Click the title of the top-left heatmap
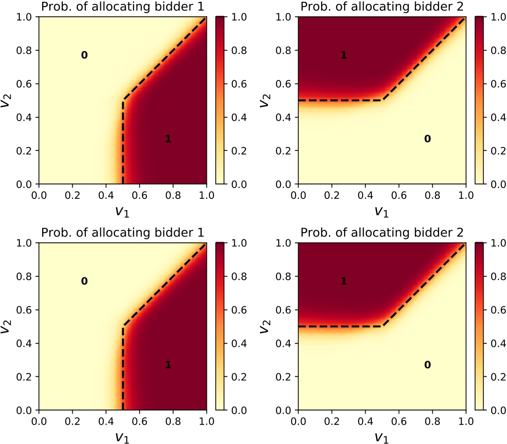123,6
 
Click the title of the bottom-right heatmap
382,232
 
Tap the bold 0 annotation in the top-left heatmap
84,55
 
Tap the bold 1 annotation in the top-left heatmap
168,139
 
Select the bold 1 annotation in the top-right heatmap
344,55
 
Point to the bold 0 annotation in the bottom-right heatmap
427,365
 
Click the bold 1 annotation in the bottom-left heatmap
168,365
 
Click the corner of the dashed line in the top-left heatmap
123,100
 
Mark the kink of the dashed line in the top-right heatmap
382,100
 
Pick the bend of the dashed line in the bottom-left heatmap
123,326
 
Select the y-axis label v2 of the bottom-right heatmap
265,327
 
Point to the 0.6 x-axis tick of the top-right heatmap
399,195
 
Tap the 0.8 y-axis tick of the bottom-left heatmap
24,276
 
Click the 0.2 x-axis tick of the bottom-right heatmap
332,421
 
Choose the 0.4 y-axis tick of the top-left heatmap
24,117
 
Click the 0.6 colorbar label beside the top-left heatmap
239,84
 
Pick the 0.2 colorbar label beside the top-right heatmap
498,151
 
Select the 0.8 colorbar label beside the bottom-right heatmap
498,276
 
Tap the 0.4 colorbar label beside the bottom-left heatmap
239,343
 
